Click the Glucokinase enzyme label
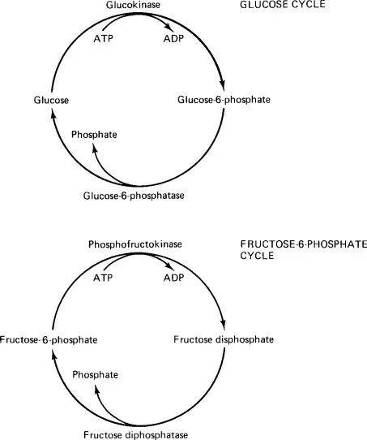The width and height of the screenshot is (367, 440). [x=137, y=6]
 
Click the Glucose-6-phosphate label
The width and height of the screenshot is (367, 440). [x=224, y=100]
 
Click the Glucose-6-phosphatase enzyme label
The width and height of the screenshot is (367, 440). [x=134, y=196]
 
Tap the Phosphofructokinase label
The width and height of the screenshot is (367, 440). [x=135, y=244]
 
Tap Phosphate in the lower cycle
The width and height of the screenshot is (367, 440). [x=95, y=375]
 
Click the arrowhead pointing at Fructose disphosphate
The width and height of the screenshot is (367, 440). [x=222, y=324]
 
